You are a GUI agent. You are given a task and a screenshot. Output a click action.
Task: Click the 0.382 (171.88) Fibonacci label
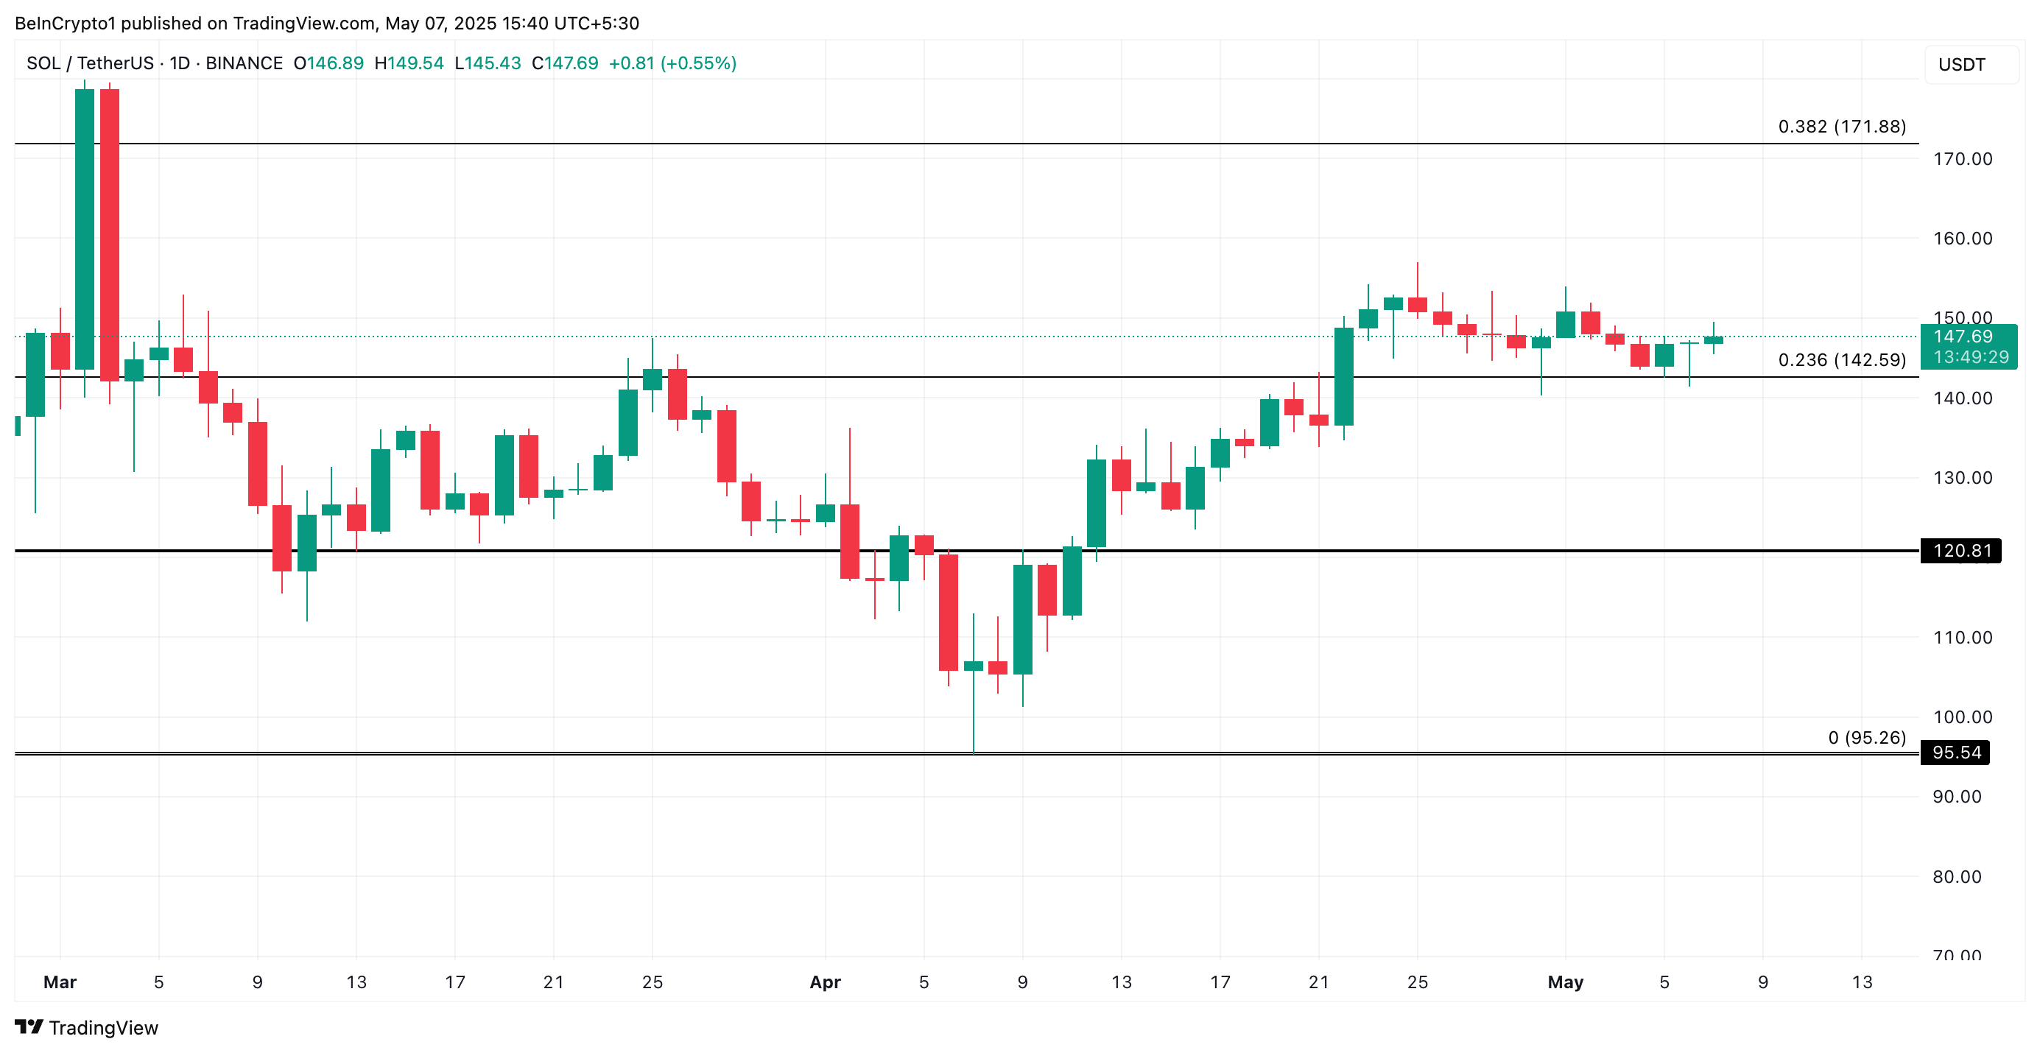coord(1841,127)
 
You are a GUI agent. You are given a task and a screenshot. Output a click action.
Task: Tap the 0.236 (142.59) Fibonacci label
coord(1841,360)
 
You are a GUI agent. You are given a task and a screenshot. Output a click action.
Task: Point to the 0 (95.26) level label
coord(1867,738)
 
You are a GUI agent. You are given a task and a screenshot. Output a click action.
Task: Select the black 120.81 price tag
coord(1960,551)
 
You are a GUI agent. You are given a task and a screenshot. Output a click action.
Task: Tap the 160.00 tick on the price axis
coord(1963,239)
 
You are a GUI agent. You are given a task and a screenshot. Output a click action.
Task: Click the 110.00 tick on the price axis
coord(1963,638)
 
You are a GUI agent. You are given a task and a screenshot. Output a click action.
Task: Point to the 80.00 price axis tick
coord(1956,876)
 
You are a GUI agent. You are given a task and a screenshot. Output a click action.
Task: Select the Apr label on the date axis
coord(824,982)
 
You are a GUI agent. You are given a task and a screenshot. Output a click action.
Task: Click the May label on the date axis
coord(1565,982)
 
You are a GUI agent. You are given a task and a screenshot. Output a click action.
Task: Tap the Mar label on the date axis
coord(60,982)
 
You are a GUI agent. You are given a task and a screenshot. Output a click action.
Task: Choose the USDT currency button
coord(1962,65)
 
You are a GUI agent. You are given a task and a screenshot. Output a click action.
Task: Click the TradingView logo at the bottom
coord(87,1028)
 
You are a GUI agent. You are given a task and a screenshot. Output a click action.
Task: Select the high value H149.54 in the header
coord(409,63)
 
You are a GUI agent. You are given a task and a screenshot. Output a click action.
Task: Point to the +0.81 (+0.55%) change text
coord(672,63)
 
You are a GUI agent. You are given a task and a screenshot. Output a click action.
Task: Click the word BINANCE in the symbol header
coord(244,63)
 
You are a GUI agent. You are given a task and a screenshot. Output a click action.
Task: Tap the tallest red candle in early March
coord(110,234)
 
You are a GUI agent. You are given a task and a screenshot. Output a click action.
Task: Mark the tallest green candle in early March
coord(85,229)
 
